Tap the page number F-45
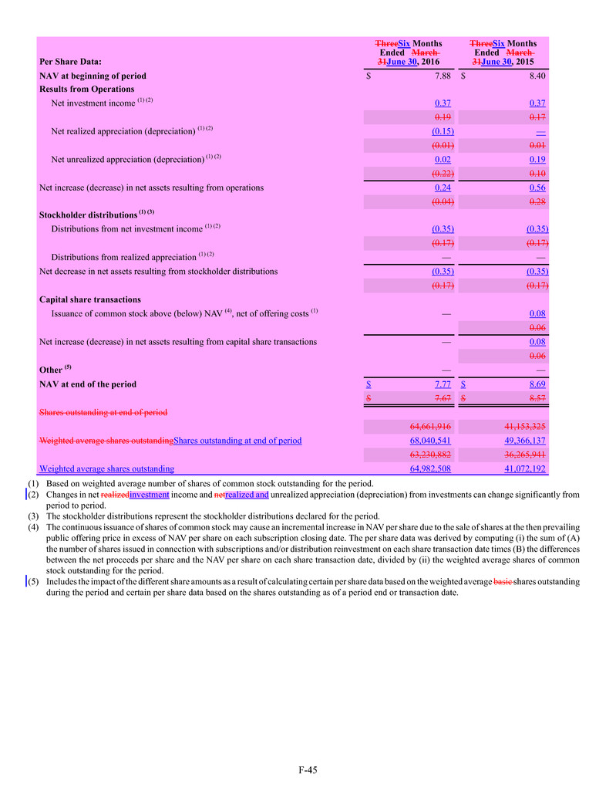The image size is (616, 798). pos(308,769)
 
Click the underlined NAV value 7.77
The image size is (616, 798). pos(443,384)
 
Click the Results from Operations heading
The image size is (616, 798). pos(86,89)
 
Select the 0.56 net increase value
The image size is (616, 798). pos(538,188)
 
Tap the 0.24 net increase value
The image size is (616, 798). pos(443,188)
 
